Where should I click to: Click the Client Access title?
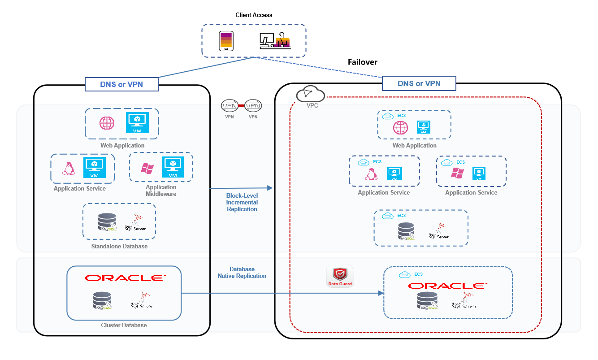(254, 15)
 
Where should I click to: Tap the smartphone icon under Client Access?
(225, 41)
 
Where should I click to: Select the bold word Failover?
(363, 62)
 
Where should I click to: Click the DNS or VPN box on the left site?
(121, 84)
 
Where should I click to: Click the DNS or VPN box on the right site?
(419, 83)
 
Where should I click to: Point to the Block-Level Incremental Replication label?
(242, 202)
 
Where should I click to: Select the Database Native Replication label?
(242, 273)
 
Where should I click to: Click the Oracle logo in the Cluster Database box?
(124, 278)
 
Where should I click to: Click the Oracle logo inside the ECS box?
(447, 286)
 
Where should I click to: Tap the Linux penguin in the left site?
(68, 169)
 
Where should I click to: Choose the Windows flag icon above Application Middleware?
(147, 169)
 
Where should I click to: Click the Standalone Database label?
(119, 246)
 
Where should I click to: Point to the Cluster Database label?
(124, 325)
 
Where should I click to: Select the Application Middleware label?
(161, 191)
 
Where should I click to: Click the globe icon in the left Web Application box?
(107, 123)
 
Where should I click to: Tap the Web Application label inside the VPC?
(414, 145)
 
